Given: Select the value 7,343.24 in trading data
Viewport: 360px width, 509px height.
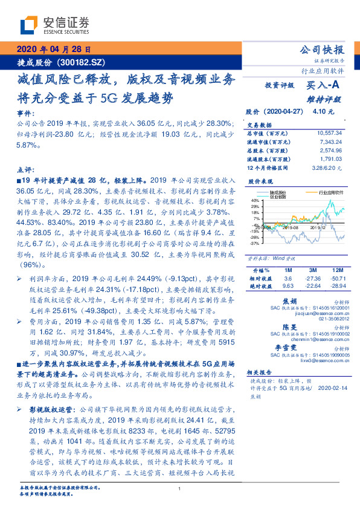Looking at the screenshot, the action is pyautogui.click(x=331, y=140).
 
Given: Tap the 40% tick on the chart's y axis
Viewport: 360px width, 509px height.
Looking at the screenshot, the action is pyautogui.click(x=255, y=200).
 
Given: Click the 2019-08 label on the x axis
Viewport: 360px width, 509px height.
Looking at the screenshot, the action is pyautogui.click(x=289, y=227).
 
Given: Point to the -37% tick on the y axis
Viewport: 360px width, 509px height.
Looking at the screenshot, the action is pyautogui.click(x=255, y=244).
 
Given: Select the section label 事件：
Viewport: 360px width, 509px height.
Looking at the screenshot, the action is pyautogui.click(x=25, y=113).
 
